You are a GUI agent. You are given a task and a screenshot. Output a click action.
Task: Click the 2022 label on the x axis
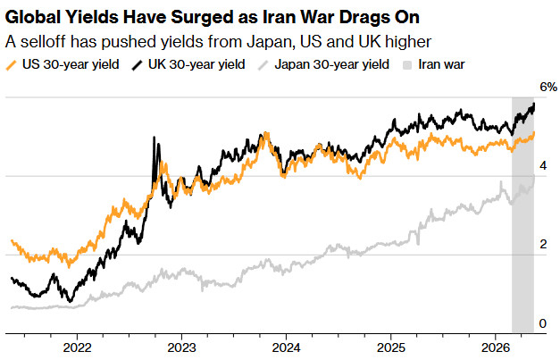77,347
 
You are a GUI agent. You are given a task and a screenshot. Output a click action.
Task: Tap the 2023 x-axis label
182,347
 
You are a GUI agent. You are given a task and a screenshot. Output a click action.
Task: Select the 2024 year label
286,347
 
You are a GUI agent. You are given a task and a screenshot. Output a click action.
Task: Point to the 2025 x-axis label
391,347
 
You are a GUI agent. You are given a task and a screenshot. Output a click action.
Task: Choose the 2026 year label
496,347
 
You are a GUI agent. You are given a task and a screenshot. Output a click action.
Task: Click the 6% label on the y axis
548,87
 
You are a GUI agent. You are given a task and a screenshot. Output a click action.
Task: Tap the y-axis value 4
543,166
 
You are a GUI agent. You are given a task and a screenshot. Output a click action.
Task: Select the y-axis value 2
543,244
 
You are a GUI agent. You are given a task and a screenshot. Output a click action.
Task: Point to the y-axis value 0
543,323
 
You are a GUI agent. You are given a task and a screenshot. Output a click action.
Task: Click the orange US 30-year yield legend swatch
12,65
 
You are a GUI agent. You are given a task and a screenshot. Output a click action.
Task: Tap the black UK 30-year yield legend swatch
138,65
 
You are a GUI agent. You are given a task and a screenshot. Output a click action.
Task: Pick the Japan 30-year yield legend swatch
263,65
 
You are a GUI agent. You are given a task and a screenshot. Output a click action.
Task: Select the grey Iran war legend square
407,65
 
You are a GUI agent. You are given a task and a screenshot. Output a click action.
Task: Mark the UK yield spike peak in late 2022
154,137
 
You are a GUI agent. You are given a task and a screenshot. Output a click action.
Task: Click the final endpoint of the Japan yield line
534,175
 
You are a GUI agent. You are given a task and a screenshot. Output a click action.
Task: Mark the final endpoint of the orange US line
534,132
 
